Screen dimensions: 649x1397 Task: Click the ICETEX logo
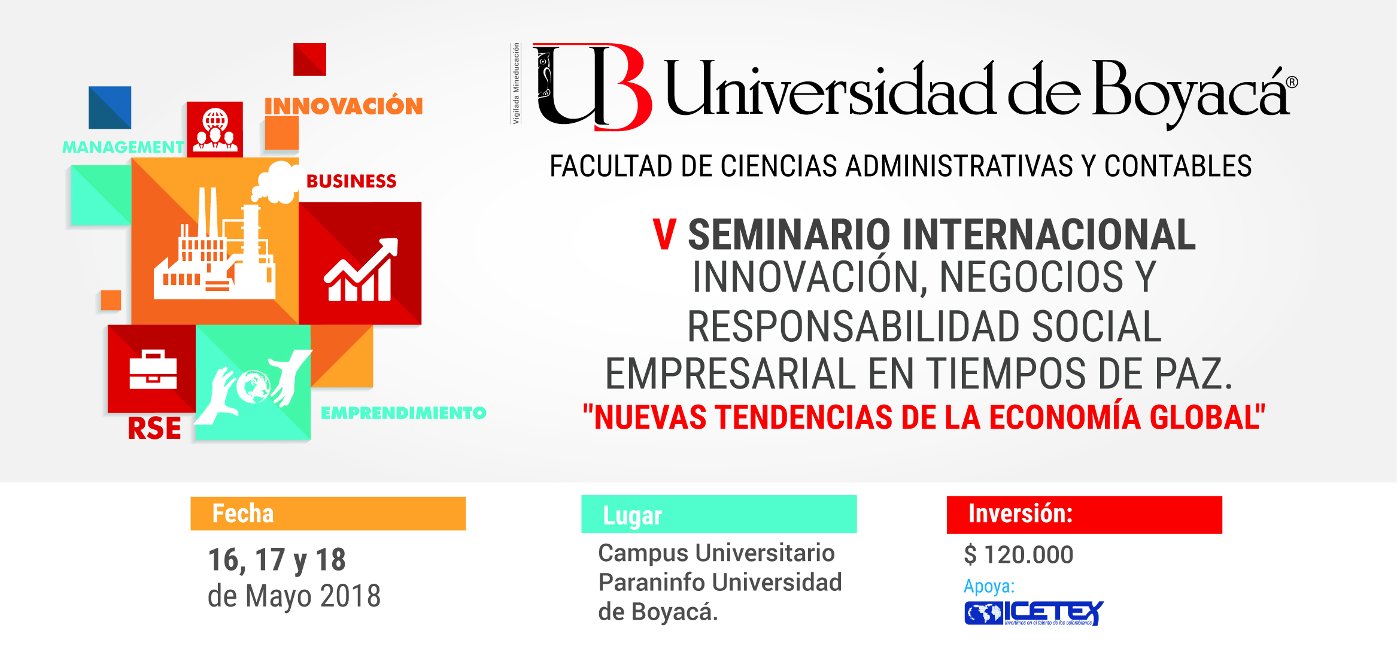(x=1034, y=613)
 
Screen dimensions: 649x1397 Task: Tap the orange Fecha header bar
(x=328, y=514)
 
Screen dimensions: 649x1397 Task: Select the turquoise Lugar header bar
(x=719, y=514)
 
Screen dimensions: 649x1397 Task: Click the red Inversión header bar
(x=1084, y=514)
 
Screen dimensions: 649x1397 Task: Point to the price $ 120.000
(x=1018, y=555)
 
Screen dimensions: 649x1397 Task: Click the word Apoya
(x=989, y=586)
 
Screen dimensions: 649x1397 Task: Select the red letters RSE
(x=154, y=429)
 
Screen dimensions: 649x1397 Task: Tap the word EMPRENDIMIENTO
(x=403, y=413)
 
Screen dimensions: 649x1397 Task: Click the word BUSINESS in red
(x=351, y=181)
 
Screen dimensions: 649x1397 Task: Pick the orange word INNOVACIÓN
(x=344, y=107)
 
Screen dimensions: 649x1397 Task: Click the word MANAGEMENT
(x=123, y=147)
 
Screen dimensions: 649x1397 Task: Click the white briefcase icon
(x=153, y=370)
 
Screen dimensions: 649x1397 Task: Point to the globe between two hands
(x=253, y=387)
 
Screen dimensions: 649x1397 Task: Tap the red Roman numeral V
(x=664, y=235)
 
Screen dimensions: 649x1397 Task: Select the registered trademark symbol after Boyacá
(x=1292, y=83)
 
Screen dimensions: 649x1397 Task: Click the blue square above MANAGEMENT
(x=110, y=108)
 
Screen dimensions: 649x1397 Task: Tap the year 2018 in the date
(x=350, y=596)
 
